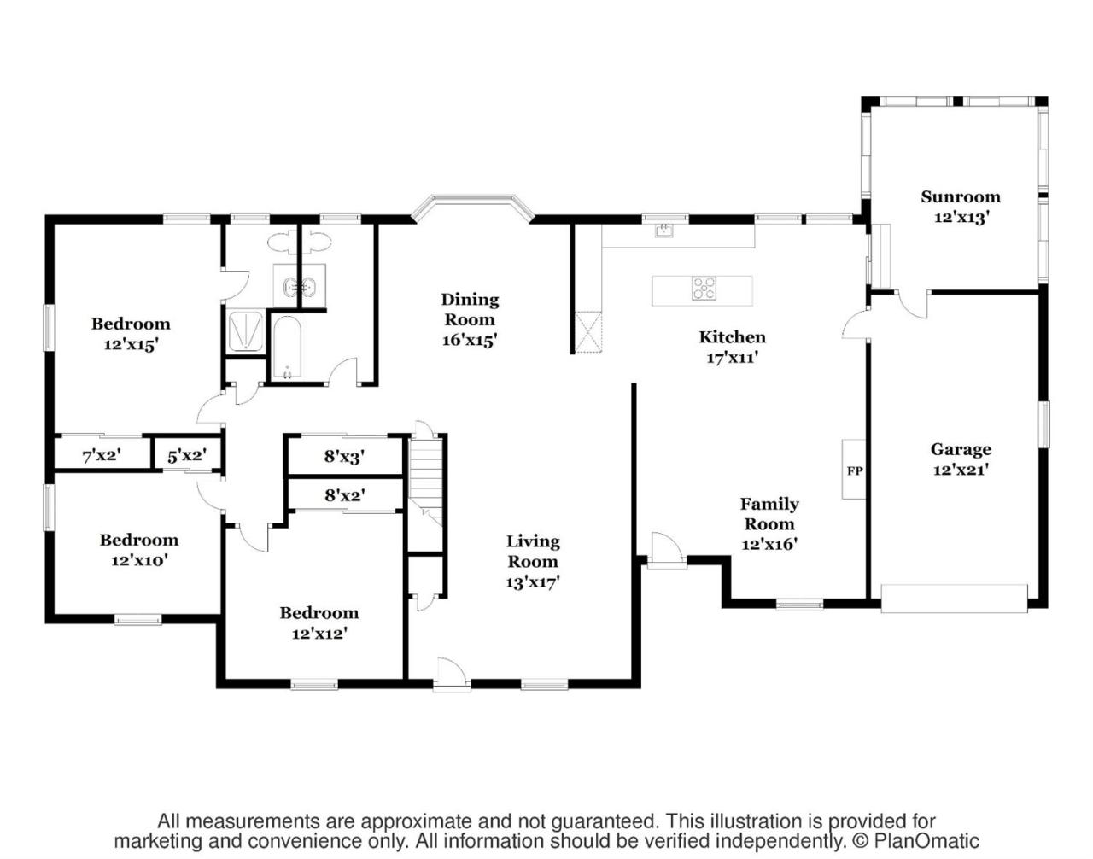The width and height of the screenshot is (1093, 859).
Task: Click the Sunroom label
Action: [960, 196]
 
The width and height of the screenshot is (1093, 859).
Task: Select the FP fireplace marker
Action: [855, 471]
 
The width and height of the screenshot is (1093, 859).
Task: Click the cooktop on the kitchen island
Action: [704, 289]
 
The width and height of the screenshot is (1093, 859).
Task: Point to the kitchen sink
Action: [664, 231]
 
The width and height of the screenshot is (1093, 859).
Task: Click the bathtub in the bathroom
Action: [287, 347]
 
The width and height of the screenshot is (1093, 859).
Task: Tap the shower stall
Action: [245, 331]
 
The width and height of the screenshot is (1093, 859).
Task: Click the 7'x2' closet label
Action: [102, 456]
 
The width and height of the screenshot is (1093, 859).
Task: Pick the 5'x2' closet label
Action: [187, 456]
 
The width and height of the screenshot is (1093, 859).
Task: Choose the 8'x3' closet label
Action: [344, 457]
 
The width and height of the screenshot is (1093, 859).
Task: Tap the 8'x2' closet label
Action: [344, 496]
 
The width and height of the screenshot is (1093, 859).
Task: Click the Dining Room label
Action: [470, 309]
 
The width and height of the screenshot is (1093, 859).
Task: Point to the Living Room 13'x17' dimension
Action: [533, 582]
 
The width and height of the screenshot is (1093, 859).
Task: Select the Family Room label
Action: [769, 513]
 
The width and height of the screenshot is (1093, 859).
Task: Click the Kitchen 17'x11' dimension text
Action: [732, 358]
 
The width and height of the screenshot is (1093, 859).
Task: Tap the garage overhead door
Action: [954, 598]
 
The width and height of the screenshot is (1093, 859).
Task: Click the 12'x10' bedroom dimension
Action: [139, 560]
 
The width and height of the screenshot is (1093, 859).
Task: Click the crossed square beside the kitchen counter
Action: [588, 332]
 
